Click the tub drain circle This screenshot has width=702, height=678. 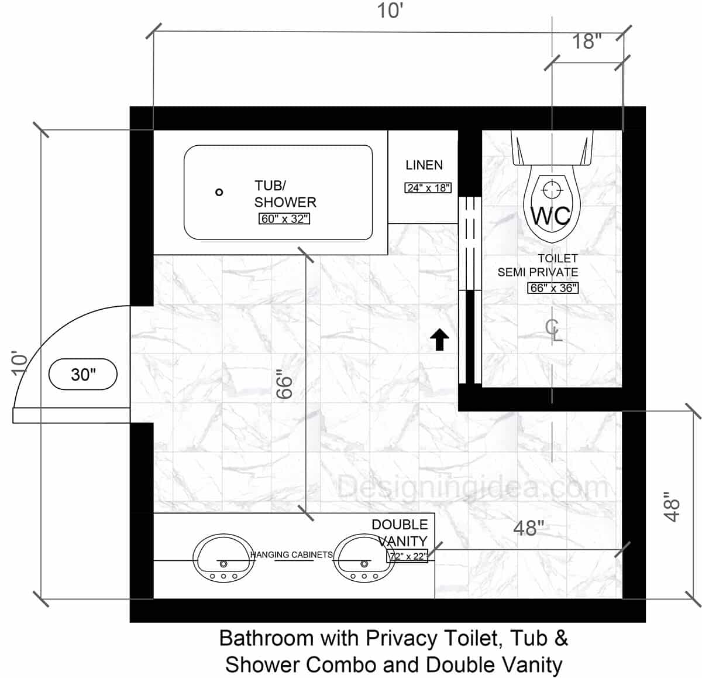[x=219, y=192]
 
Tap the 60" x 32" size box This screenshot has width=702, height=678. [x=284, y=219]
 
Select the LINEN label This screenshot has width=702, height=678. [x=424, y=165]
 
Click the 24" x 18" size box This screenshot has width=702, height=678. [x=429, y=188]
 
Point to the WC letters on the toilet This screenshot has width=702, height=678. [x=550, y=216]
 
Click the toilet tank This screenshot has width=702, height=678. [x=552, y=147]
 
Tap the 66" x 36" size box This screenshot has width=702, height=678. [x=553, y=288]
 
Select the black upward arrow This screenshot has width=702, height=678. [x=440, y=340]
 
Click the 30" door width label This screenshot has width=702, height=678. [x=83, y=374]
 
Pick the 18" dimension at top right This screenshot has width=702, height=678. [x=587, y=42]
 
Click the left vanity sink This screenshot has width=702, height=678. [x=225, y=557]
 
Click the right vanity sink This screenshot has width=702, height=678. [x=363, y=557]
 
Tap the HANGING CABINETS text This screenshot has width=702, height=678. [x=291, y=554]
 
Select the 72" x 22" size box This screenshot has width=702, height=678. [x=408, y=556]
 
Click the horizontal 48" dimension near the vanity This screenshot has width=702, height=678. [x=529, y=528]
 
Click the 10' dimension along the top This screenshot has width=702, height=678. [x=391, y=11]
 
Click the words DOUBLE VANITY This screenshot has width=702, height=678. [x=401, y=532]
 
